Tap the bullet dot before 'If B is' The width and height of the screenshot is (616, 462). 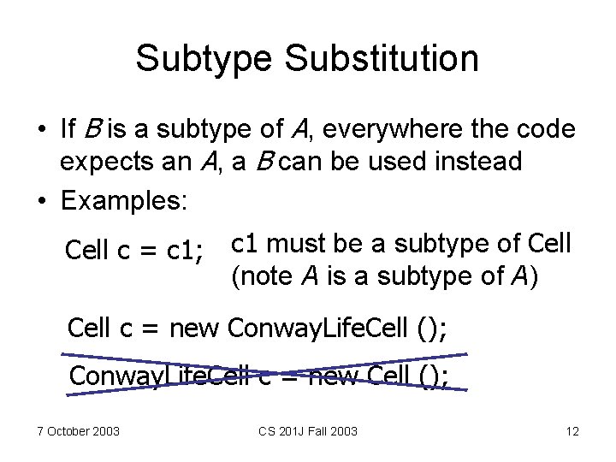[41, 130]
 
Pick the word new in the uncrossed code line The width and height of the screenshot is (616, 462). [196, 328]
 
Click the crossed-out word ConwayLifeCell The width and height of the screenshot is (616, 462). [163, 375]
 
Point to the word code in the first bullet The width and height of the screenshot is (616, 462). [548, 129]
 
